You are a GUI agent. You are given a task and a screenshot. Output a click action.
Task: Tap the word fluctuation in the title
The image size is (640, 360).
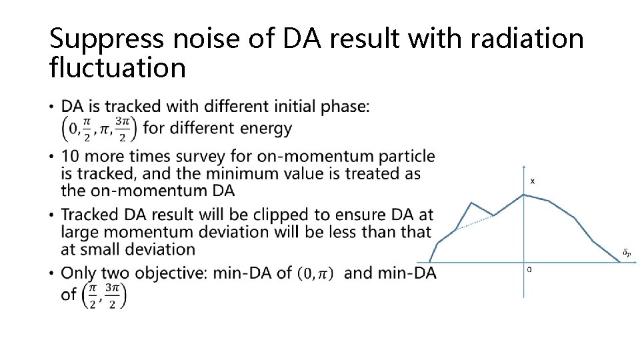117,68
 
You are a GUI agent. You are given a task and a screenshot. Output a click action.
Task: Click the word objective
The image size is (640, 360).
166,273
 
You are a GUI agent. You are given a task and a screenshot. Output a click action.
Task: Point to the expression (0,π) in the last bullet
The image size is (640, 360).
315,273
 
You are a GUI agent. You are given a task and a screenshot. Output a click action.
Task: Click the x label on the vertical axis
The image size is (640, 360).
533,181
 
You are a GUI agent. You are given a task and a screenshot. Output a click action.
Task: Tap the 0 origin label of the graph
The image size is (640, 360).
529,269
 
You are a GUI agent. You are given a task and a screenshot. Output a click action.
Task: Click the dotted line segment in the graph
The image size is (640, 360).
475,223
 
